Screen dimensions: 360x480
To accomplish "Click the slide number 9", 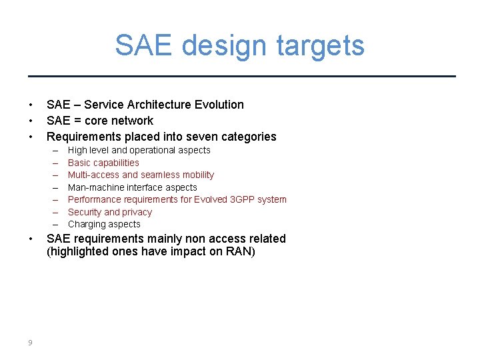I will (31, 343).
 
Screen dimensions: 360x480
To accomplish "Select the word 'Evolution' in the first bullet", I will (219, 105).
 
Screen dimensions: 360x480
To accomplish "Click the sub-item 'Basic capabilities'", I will (103, 163).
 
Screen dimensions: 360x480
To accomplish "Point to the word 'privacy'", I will (137, 212).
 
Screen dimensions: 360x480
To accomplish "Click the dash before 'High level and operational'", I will (54, 151).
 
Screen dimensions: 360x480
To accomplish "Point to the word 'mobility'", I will (196, 175).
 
